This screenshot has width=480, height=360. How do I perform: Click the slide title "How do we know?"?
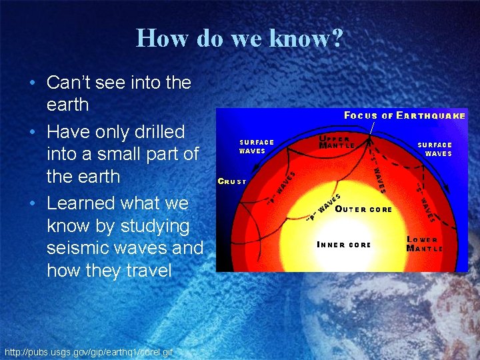240,38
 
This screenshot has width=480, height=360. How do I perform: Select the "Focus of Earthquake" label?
404,115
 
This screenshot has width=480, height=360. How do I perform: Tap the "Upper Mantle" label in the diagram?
337,141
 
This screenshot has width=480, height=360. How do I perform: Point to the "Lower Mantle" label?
424,244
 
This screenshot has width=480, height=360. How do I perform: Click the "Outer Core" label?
363,209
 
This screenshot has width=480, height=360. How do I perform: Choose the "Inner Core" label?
343,245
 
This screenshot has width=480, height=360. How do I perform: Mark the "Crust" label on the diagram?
232,181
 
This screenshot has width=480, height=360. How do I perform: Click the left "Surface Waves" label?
257,146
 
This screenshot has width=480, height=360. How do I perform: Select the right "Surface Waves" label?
435,149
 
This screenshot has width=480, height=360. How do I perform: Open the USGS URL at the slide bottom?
88,351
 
